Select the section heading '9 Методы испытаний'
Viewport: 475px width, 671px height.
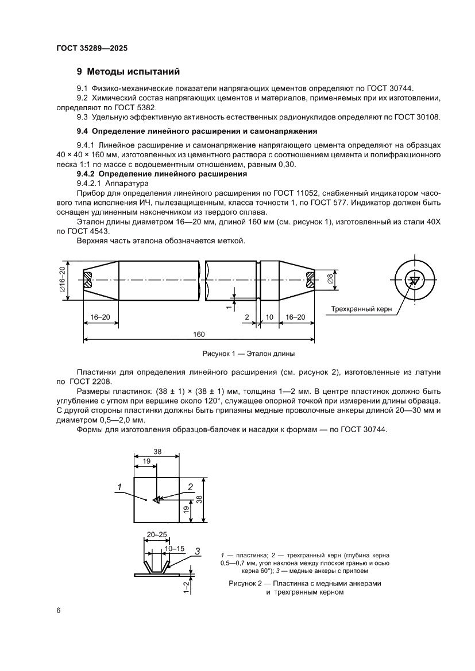pyautogui.click(x=129, y=72)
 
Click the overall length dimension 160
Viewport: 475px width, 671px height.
pyautogui.click(x=199, y=334)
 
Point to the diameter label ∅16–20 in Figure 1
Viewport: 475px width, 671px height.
pyautogui.click(x=62, y=281)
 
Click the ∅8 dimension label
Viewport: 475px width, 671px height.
pyautogui.click(x=331, y=281)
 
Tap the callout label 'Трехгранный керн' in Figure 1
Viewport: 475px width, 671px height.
pyautogui.click(x=361, y=309)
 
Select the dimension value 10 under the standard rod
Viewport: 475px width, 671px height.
pyautogui.click(x=269, y=317)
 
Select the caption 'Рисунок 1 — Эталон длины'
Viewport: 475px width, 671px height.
pyautogui.click(x=249, y=354)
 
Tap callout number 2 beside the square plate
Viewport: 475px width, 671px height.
pyautogui.click(x=190, y=487)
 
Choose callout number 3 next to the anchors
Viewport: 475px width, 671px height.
pyautogui.click(x=197, y=551)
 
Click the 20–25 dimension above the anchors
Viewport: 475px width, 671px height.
pyautogui.click(x=157, y=534)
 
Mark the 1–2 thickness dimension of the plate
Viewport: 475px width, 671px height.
pyautogui.click(x=186, y=587)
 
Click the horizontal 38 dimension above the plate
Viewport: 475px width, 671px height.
pyautogui.click(x=157, y=451)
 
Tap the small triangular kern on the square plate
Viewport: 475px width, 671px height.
pyautogui.click(x=157, y=500)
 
